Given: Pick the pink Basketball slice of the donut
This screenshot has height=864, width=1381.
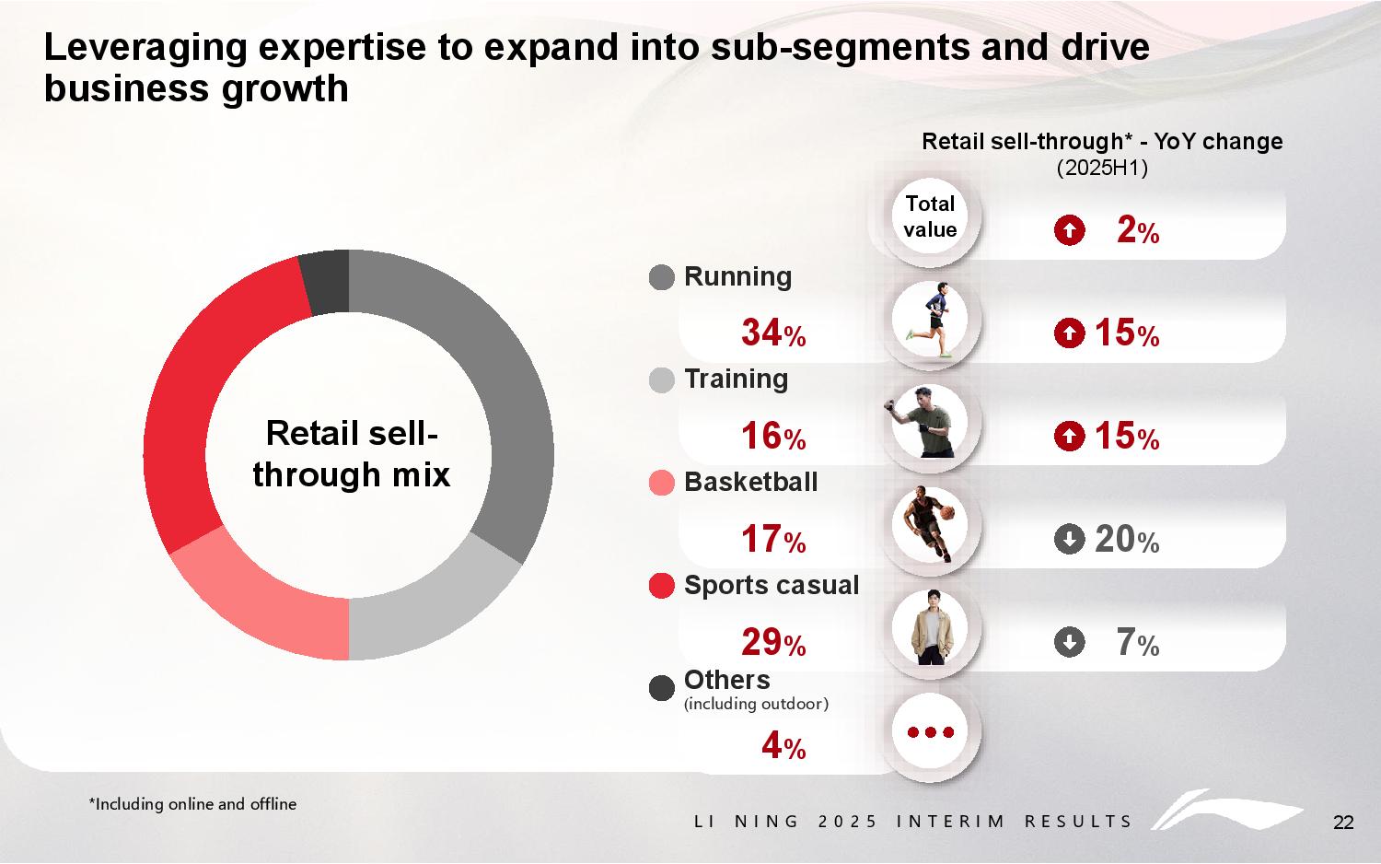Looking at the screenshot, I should pos(262,599).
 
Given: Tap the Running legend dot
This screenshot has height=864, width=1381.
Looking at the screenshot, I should pos(662,277).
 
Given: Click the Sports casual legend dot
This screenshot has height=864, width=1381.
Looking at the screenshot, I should pos(662,586).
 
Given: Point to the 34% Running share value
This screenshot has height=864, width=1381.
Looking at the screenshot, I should pos(772,333).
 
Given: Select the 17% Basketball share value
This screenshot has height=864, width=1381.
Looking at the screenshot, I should pos(772,540).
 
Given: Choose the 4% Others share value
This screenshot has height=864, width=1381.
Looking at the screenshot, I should pos(783,746).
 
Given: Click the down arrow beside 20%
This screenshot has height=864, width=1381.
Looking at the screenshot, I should pos(1069,539).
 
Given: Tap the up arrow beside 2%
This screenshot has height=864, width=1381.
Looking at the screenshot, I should pos(1069,230).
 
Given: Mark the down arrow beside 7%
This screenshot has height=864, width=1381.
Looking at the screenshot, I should pos(1069,642).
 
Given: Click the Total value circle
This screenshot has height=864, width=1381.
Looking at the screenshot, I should pos(930,217).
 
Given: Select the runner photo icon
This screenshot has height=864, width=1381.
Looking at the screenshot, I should pos(930,321).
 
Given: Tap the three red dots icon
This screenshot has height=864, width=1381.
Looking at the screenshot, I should pos(930,732).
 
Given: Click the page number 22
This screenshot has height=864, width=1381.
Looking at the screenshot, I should pos(1343,823).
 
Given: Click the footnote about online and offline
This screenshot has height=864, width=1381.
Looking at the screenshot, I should pos(192,804).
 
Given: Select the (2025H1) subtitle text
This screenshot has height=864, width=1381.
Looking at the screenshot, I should pos(1101,169).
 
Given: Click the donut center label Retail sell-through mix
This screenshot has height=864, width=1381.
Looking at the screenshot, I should pos(351,454).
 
